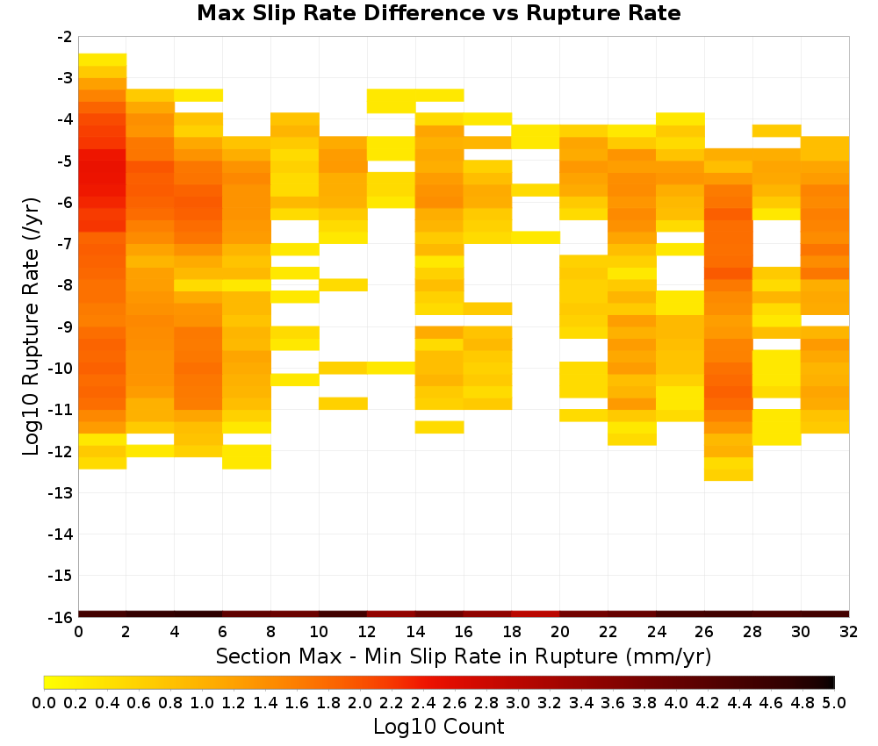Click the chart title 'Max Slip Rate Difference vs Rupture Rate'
[438, 12]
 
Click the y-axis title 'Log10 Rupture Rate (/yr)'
[31, 326]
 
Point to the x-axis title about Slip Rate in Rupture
[463, 656]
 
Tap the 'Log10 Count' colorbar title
[438, 726]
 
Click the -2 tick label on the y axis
[65, 37]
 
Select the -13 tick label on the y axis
[61, 492]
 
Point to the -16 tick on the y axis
[61, 617]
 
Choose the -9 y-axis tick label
[65, 326]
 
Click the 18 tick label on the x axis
[512, 632]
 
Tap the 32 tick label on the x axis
[849, 632]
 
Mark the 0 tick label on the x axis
[78, 632]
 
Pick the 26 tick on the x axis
[704, 632]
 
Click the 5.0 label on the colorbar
[834, 702]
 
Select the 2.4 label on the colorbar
[423, 702]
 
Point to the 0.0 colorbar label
[44, 702]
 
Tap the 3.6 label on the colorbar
[613, 702]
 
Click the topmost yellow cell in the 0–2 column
[103, 60]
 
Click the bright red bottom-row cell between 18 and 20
[536, 614]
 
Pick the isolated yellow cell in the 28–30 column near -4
[777, 131]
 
